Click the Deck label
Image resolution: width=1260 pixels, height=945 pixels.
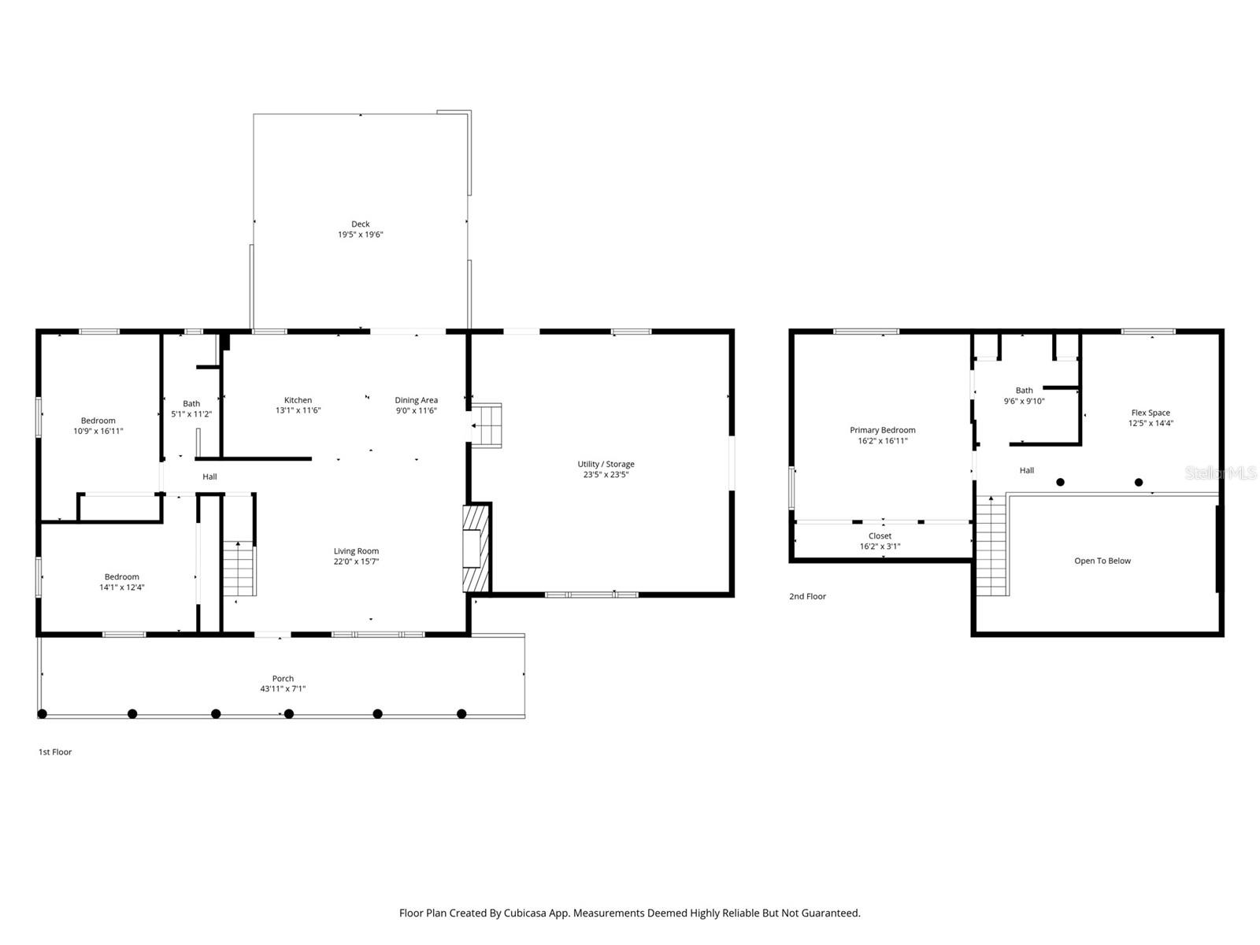(x=361, y=224)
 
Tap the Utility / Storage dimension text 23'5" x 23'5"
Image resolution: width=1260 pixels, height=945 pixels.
(x=606, y=475)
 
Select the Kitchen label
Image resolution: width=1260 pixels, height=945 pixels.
(x=298, y=400)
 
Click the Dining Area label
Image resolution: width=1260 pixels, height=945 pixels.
(x=416, y=400)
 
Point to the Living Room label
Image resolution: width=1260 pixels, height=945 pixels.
(x=356, y=551)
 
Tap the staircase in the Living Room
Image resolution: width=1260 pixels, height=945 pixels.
(x=239, y=569)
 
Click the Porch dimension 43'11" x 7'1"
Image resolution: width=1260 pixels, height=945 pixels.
(x=283, y=689)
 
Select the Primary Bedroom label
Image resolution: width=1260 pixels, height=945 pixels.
(x=882, y=430)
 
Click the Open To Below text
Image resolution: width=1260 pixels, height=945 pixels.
(x=1102, y=561)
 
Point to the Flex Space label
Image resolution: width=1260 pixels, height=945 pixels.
(x=1151, y=413)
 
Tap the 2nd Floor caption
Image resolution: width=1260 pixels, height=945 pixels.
(x=807, y=596)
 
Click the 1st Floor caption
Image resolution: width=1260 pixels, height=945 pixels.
(x=55, y=752)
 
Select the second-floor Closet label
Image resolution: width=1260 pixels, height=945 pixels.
(x=880, y=536)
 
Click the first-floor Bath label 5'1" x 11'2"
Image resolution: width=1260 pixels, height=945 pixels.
(x=191, y=403)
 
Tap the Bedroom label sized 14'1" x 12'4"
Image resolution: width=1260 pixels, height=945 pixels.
(x=121, y=576)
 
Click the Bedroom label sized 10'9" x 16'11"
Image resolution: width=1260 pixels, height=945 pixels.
(x=98, y=421)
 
